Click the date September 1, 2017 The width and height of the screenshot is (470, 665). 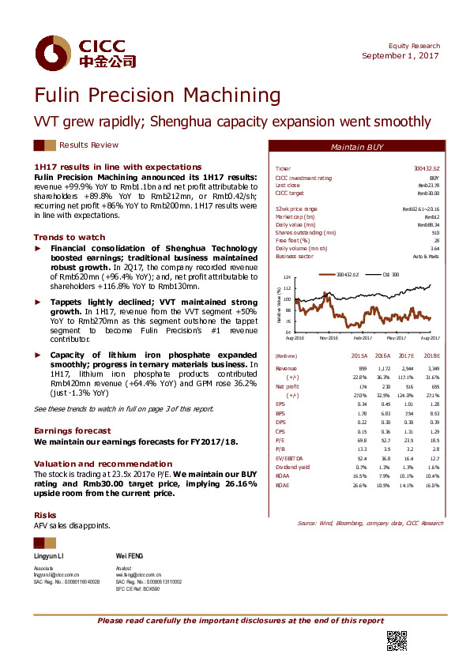coord(401,55)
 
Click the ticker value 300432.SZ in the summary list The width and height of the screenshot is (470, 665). coord(428,169)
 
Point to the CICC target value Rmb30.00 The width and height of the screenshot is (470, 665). coord(428,192)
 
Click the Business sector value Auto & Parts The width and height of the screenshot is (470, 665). coord(427,257)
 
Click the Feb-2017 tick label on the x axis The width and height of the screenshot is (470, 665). coord(363,336)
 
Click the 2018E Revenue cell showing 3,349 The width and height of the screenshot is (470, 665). coord(430,368)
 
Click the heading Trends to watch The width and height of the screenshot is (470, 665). coord(69,237)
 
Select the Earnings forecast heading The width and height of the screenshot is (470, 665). coord(73,430)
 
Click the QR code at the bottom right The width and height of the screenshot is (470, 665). coord(396,641)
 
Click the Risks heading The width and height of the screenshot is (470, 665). coord(44,514)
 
